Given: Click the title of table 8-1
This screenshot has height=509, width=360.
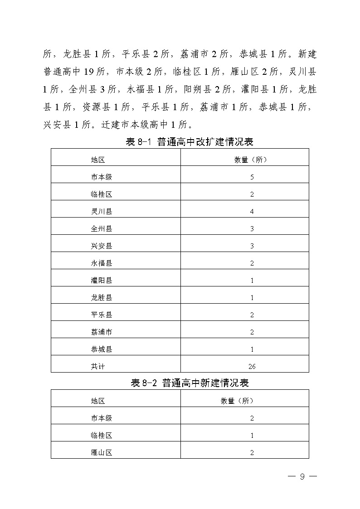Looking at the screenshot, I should tap(189, 142).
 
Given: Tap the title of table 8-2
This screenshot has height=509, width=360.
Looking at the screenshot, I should tap(190, 383).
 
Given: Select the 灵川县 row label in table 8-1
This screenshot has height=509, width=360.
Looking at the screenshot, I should tap(101, 211).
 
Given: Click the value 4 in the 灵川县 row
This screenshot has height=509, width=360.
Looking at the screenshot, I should tap(252, 211).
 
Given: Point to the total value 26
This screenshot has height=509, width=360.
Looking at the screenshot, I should tap(252, 366).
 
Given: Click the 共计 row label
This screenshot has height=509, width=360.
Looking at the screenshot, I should tap(98, 366).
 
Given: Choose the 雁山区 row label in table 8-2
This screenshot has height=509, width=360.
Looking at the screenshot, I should tap(101, 452).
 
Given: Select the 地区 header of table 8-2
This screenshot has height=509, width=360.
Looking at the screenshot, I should tap(98, 401).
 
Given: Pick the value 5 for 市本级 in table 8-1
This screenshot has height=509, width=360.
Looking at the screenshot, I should tap(252, 177).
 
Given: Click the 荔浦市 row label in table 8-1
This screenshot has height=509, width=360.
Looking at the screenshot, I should tap(101, 332).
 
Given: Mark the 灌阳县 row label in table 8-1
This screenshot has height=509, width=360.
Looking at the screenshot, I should tap(101, 280).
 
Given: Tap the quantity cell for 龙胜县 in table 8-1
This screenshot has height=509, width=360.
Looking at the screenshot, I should tap(252, 297).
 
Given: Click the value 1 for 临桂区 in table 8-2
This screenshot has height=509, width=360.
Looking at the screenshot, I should tap(252, 435).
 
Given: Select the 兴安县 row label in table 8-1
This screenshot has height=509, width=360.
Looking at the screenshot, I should tap(101, 246).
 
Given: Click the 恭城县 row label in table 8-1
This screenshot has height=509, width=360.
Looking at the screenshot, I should tap(101, 349).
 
